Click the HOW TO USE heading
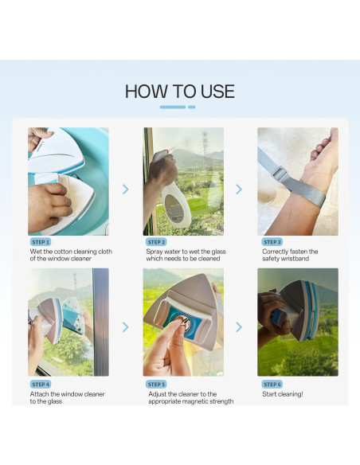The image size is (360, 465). click(x=180, y=92)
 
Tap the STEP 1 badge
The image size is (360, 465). click(x=41, y=242)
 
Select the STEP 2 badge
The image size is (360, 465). click(x=156, y=242)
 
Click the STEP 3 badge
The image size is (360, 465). click(x=272, y=242)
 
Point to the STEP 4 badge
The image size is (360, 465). click(x=41, y=385)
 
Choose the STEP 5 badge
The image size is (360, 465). click(x=156, y=385)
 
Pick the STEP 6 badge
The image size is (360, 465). click(x=272, y=385)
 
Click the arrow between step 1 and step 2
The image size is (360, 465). click(x=126, y=189)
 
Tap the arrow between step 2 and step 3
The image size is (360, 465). click(x=239, y=189)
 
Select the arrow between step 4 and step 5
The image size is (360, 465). click(x=126, y=327)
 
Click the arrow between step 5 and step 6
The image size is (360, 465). click(x=239, y=327)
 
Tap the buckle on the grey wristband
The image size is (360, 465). click(x=280, y=174)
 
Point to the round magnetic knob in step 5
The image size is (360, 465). click(x=181, y=322)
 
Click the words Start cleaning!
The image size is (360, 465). click(x=282, y=394)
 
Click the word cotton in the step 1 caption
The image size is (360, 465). click(x=63, y=252)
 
